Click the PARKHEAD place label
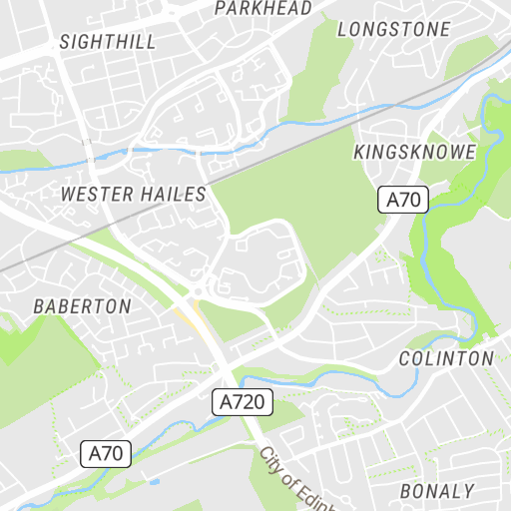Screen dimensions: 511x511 262,8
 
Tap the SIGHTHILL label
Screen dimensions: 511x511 108,42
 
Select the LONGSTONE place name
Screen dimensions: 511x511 393,30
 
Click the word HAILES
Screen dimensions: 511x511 174,194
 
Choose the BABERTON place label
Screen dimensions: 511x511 82,306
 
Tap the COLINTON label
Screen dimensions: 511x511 446,357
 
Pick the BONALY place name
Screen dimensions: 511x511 437,491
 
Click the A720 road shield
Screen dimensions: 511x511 243,402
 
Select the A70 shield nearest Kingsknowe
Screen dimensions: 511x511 403,200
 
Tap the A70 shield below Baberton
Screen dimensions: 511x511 106,454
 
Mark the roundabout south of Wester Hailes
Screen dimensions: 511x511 199,290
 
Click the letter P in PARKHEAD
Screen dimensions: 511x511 221,8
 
